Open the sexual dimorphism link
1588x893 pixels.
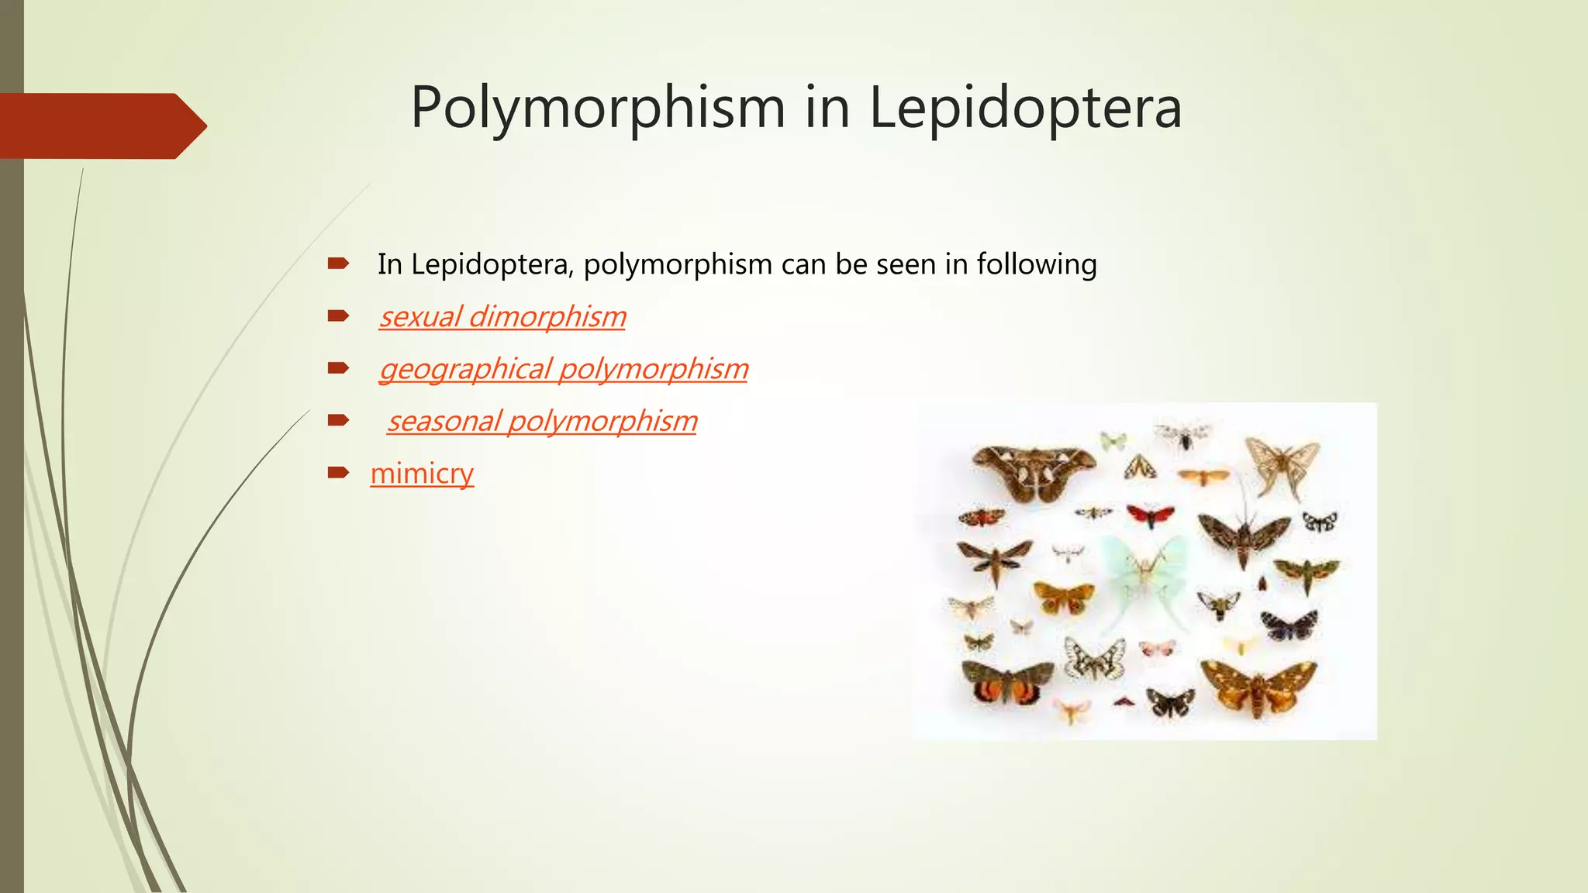pyautogui.click(x=502, y=316)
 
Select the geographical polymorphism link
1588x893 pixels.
pyautogui.click(x=564, y=369)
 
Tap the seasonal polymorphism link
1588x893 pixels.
pyautogui.click(x=542, y=421)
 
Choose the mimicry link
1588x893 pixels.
pyautogui.click(x=422, y=473)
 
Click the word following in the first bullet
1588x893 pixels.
pyautogui.click(x=1036, y=264)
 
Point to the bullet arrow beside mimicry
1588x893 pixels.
pyautogui.click(x=338, y=472)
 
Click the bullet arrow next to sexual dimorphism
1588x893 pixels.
pyautogui.click(x=338, y=315)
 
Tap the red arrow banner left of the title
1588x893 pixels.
pyautogui.click(x=101, y=126)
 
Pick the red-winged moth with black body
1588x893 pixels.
pyautogui.click(x=1150, y=515)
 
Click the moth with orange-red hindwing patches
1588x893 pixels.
pyautogui.click(x=1006, y=682)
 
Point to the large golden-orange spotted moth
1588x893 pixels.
pyautogui.click(x=1258, y=685)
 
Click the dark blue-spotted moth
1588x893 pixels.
pyautogui.click(x=1289, y=625)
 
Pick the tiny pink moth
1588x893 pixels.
pyautogui.click(x=1157, y=648)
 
